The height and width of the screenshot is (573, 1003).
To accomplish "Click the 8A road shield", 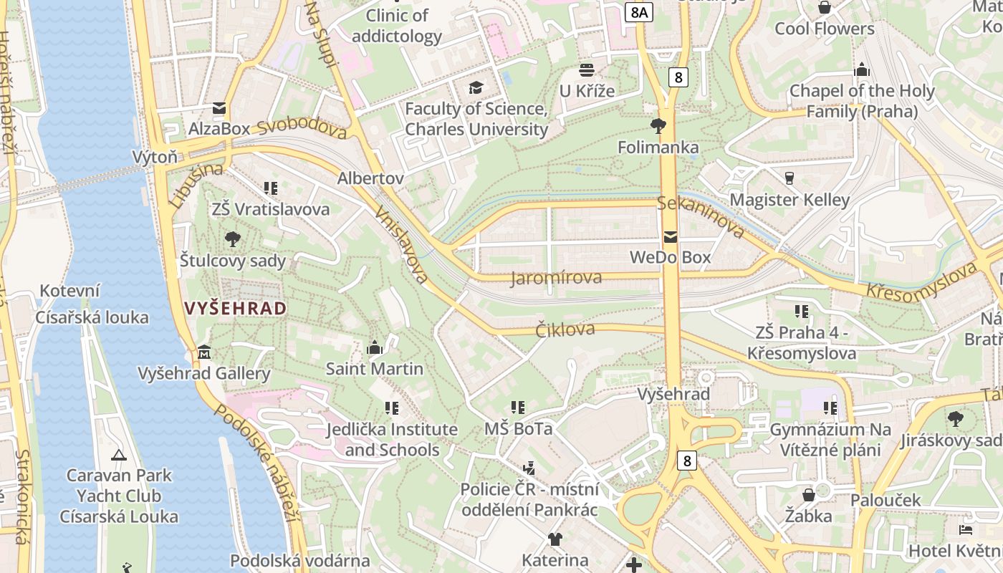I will [638, 12].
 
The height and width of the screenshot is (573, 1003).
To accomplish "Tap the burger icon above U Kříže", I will [587, 70].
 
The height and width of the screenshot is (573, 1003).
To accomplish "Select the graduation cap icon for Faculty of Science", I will [476, 88].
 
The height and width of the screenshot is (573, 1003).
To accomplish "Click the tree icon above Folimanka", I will [658, 127].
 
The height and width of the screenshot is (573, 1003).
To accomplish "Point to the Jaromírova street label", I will [556, 278].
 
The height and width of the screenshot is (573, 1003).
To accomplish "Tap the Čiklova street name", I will [565, 329].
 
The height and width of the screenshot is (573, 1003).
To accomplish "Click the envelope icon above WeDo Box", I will [671, 237].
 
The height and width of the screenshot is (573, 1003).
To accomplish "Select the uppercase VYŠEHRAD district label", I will [236, 309].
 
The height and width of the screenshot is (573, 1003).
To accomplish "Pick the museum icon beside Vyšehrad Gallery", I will [204, 352].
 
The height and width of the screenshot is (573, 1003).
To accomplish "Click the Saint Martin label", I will [374, 369].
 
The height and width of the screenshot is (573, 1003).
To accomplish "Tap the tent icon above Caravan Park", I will [119, 455].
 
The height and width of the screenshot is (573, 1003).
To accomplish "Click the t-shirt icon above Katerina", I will [555, 539].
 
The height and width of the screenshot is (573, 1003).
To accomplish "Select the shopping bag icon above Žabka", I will [808, 495].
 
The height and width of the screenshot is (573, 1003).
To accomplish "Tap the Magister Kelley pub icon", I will [790, 178].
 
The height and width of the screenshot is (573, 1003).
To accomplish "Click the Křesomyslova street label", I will [921, 281].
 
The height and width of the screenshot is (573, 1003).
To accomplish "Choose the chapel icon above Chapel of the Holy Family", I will [862, 70].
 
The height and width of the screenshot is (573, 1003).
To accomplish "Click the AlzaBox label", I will [219, 129].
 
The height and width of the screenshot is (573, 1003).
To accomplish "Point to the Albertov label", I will [370, 178].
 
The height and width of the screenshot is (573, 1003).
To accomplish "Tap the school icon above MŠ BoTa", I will [519, 408].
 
